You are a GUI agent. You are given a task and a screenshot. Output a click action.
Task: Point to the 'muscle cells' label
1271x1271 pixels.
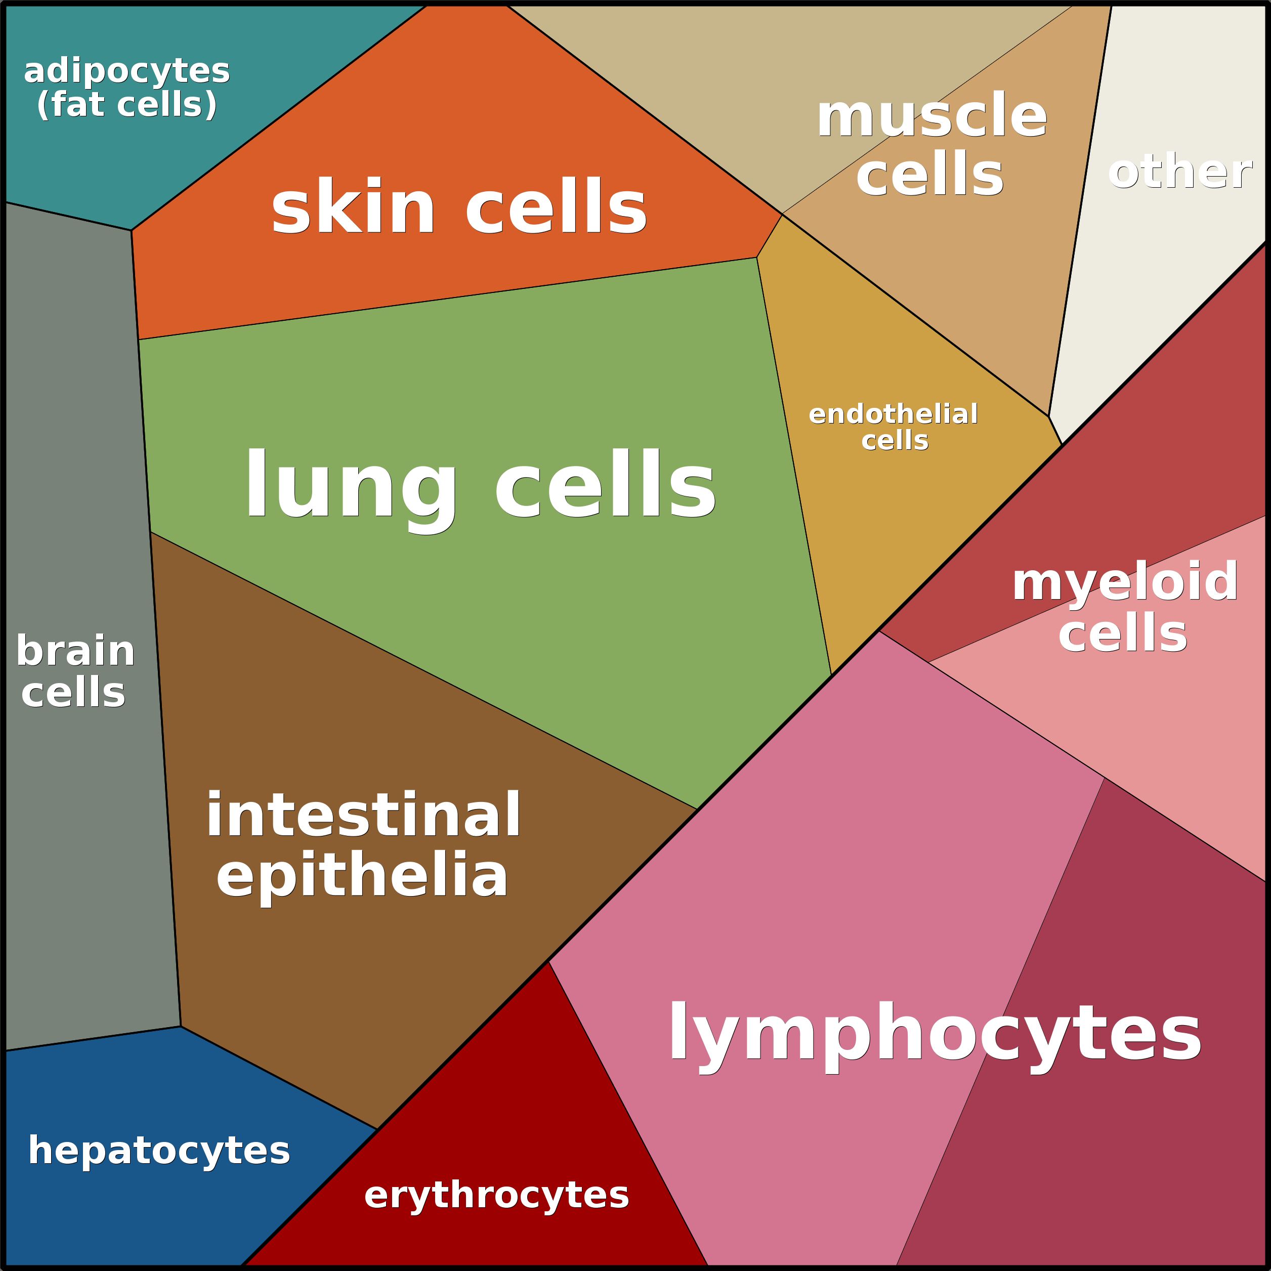[x=931, y=145]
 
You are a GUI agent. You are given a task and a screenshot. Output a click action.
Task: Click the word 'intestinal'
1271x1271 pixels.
[x=364, y=815]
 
